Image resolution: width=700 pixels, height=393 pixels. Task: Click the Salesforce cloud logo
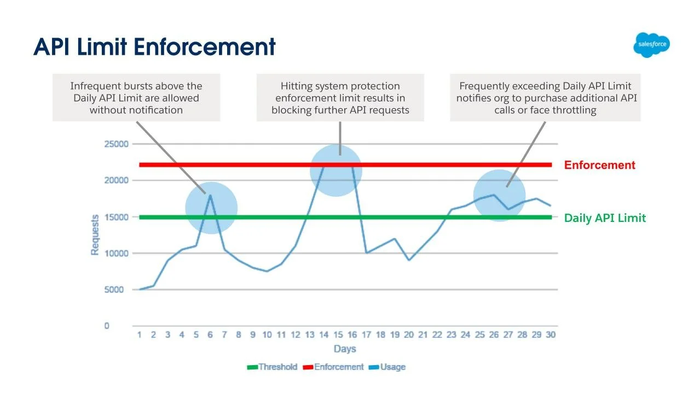click(651, 45)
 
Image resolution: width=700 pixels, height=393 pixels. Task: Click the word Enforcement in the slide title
click(205, 47)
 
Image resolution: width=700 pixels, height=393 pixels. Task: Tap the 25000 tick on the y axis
click(116, 144)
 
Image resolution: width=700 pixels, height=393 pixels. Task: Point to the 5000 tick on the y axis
click(114, 290)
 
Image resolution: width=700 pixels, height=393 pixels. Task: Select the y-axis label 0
click(107, 326)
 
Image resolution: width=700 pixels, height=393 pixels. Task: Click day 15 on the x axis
click(338, 335)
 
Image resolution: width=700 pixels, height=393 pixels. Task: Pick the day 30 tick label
click(551, 335)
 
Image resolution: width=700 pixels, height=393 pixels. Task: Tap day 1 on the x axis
click(140, 335)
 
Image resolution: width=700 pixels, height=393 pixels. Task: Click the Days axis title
click(345, 349)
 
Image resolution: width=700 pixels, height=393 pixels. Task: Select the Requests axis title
click(95, 234)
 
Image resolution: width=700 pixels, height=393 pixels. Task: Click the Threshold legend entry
click(272, 367)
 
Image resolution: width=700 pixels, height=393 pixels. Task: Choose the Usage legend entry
click(387, 367)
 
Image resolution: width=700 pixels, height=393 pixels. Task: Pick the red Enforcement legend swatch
click(308, 367)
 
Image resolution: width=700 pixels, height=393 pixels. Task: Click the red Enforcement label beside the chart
click(600, 165)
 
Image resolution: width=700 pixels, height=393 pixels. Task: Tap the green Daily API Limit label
click(605, 218)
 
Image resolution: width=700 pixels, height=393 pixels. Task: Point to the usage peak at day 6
click(210, 196)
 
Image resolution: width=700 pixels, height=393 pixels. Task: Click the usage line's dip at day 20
click(409, 260)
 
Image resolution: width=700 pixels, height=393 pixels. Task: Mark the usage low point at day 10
click(267, 271)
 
